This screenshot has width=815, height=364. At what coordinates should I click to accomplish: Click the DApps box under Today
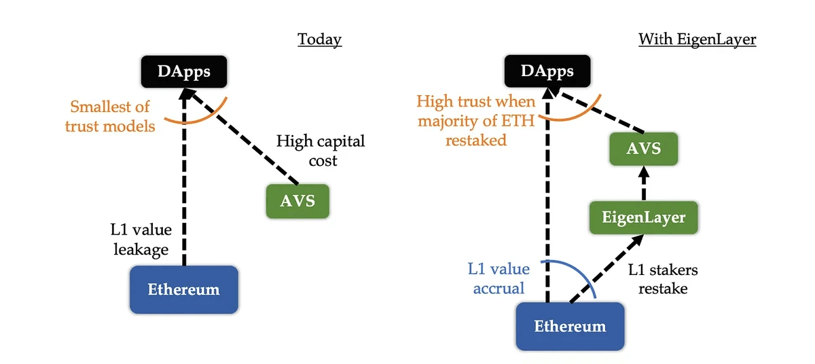point(183,71)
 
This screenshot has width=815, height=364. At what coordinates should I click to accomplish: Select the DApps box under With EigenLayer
point(547,71)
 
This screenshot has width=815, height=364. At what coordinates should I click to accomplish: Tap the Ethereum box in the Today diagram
point(183,289)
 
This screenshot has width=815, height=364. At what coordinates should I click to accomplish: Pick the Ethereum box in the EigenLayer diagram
point(570,326)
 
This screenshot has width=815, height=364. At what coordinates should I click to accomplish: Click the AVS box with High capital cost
point(297,201)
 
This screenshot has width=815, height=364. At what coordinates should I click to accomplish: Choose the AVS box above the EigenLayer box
point(644,147)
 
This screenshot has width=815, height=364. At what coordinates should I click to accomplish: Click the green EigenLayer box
point(644,218)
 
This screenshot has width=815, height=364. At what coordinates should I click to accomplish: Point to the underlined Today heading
point(319,39)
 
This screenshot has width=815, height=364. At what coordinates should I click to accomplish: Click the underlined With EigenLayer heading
point(697,39)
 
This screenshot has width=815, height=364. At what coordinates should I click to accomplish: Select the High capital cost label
point(321,151)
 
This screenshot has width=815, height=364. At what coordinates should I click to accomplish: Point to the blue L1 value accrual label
point(499,278)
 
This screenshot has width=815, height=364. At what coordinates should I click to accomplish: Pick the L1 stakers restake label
point(662,279)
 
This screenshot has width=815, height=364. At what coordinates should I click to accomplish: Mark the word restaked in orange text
point(476,141)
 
